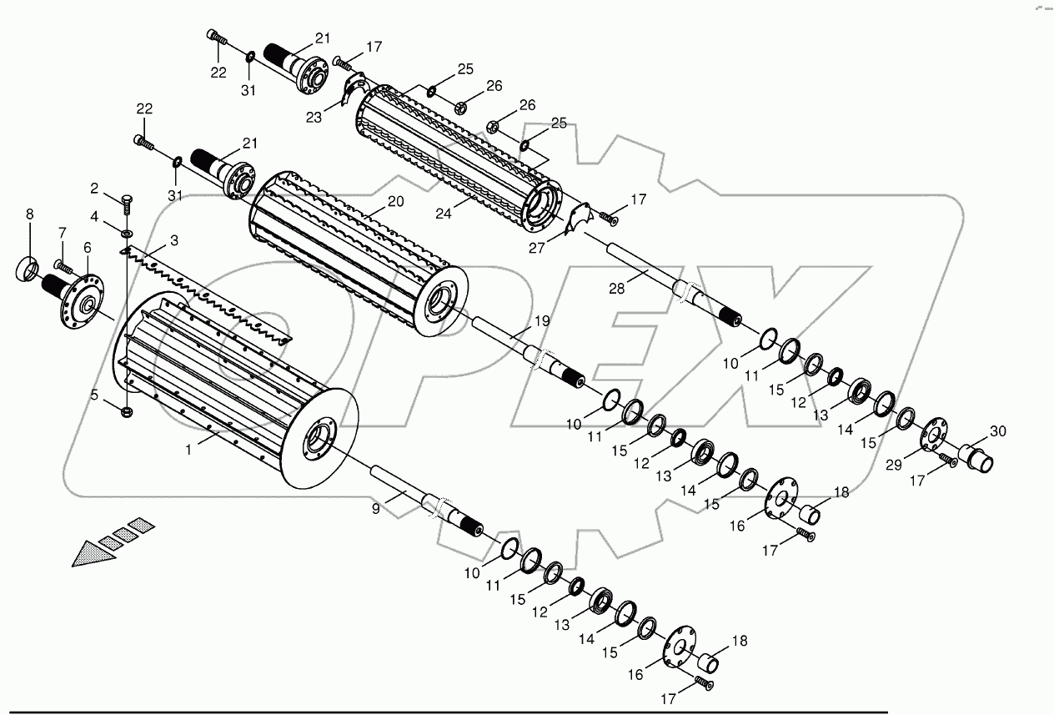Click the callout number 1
click(189, 449)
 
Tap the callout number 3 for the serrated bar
click(173, 240)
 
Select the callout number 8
click(30, 214)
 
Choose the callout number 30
click(998, 431)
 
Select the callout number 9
click(376, 507)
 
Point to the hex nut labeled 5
click(127, 410)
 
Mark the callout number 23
click(313, 118)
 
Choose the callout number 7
click(62, 231)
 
